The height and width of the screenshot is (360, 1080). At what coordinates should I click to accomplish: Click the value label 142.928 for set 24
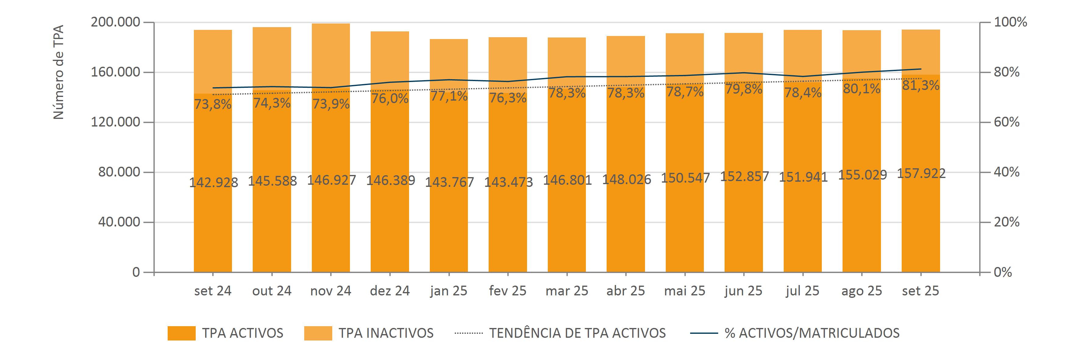pyautogui.click(x=213, y=183)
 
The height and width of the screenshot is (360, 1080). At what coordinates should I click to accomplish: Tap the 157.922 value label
pyautogui.click(x=921, y=173)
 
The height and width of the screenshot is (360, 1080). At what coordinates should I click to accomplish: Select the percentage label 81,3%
pyautogui.click(x=921, y=85)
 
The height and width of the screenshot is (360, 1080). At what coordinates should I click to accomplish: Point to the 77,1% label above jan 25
pyautogui.click(x=449, y=96)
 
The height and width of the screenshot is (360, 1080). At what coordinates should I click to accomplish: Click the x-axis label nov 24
pyautogui.click(x=331, y=291)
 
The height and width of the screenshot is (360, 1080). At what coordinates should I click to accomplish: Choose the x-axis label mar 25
pyautogui.click(x=567, y=291)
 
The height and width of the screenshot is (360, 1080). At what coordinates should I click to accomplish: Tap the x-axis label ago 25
pyautogui.click(x=861, y=291)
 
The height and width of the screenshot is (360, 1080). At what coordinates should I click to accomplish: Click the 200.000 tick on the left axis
pyautogui.click(x=115, y=22)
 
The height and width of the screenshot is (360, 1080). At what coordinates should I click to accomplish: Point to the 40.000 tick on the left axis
pyautogui.click(x=119, y=222)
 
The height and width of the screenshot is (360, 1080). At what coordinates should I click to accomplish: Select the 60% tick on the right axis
pyautogui.click(x=1006, y=122)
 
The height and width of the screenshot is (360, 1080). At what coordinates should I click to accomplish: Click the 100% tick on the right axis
pyautogui.click(x=1010, y=22)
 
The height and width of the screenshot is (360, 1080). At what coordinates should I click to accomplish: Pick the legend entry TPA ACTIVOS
pyautogui.click(x=242, y=333)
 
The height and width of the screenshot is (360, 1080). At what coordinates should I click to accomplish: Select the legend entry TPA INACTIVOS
pyautogui.click(x=386, y=333)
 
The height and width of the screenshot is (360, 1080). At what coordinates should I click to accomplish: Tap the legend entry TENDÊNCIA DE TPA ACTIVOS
pyautogui.click(x=577, y=333)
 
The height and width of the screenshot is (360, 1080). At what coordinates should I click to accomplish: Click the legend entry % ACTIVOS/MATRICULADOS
pyautogui.click(x=812, y=333)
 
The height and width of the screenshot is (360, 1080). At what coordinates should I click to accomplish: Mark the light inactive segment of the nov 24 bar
pyautogui.click(x=331, y=55)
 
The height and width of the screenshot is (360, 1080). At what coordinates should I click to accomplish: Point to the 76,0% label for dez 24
pyautogui.click(x=390, y=99)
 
